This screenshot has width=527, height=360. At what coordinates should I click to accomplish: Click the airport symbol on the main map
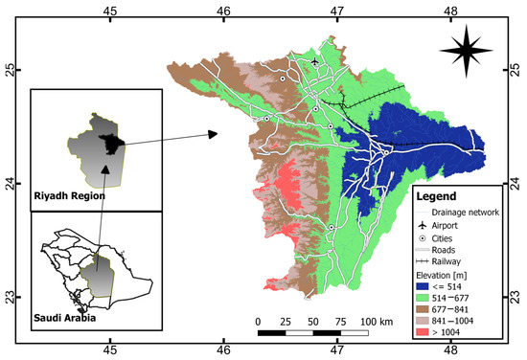coord(315,62)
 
